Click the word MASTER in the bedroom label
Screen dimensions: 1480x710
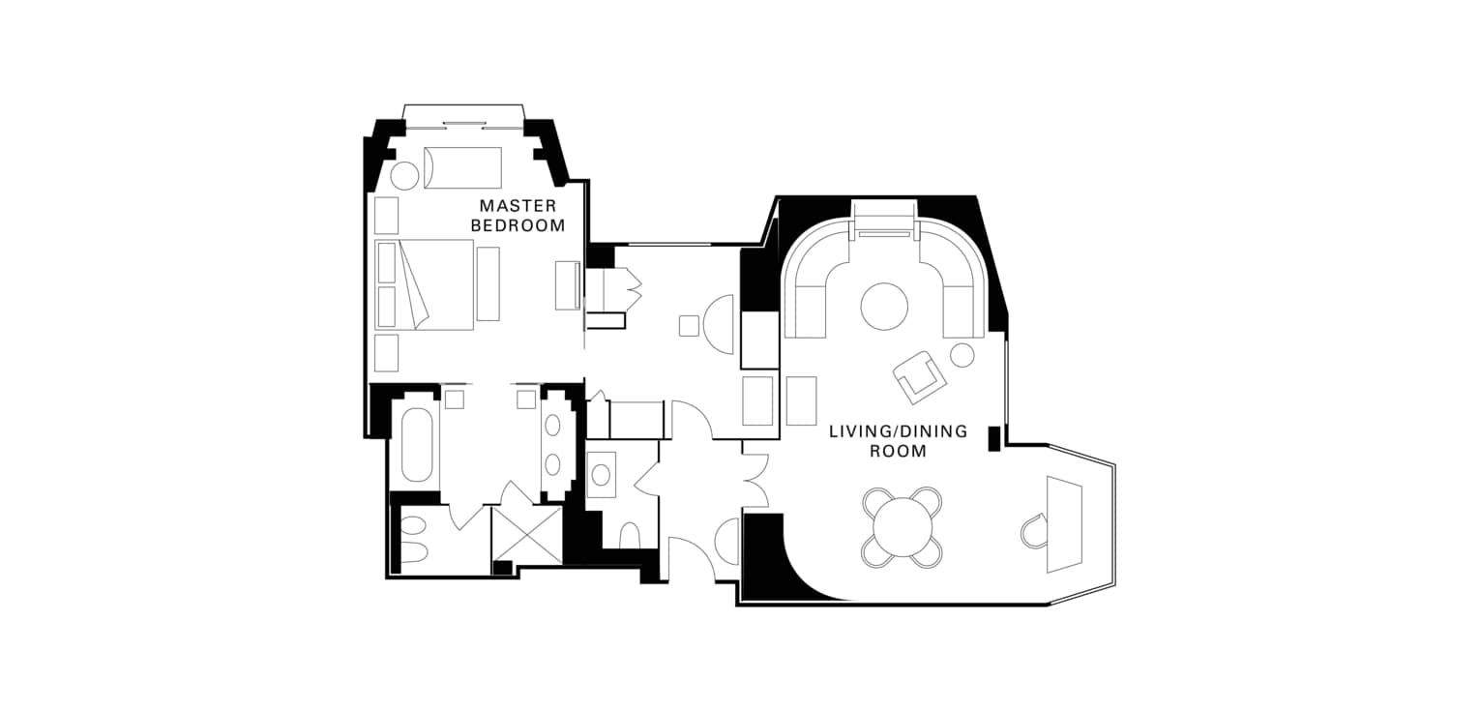pyautogui.click(x=518, y=206)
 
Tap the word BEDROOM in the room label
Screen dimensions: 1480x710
pyautogui.click(x=518, y=226)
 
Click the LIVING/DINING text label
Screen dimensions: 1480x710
pyautogui.click(x=898, y=432)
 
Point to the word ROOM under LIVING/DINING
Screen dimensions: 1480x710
pyautogui.click(x=898, y=452)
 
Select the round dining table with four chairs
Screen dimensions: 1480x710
pyautogui.click(x=902, y=528)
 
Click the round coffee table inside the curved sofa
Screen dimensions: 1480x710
pyautogui.click(x=884, y=307)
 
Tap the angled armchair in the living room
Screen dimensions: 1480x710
pyautogui.click(x=919, y=377)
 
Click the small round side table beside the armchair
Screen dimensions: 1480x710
pyautogui.click(x=962, y=355)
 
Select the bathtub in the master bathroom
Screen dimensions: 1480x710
pyautogui.click(x=417, y=445)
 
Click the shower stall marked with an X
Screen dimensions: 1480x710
pyautogui.click(x=526, y=535)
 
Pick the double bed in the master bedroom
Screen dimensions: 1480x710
pyautogui.click(x=425, y=284)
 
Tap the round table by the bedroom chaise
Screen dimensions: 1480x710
pyautogui.click(x=403, y=176)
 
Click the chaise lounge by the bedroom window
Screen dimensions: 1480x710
pyautogui.click(x=462, y=167)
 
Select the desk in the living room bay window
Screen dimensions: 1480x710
pyautogui.click(x=1064, y=523)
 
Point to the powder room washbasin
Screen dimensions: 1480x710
pyautogui.click(x=601, y=474)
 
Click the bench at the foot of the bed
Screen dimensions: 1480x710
pyautogui.click(x=488, y=284)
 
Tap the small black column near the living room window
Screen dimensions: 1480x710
pyautogui.click(x=994, y=439)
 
